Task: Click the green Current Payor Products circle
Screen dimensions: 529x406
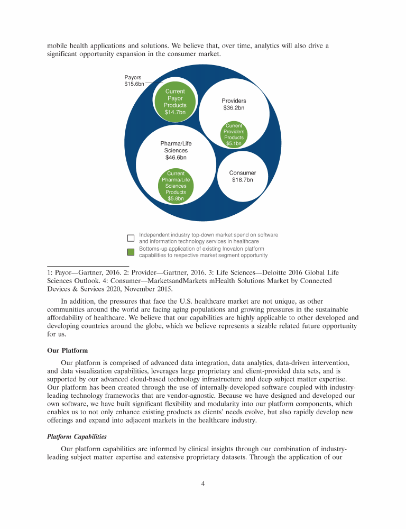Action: (x=175, y=101)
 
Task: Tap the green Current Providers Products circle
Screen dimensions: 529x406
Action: (x=234, y=134)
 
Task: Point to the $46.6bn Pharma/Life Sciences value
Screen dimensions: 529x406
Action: (x=176, y=157)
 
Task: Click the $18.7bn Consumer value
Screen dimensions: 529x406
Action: (x=243, y=180)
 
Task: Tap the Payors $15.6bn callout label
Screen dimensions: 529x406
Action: (x=133, y=81)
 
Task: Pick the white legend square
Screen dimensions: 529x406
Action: (x=131, y=238)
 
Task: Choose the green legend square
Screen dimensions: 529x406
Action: (x=131, y=252)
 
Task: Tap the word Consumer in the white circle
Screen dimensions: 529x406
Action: (x=243, y=173)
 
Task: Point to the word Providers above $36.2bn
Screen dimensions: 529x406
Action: (x=234, y=101)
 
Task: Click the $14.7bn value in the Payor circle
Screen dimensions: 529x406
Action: (x=175, y=112)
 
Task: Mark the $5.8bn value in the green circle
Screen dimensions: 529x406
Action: (x=176, y=198)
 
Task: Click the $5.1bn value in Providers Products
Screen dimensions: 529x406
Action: (x=234, y=143)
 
